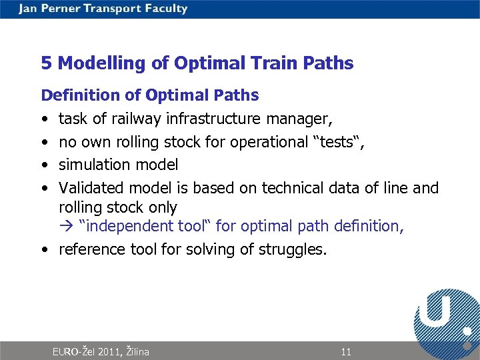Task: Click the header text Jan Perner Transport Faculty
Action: pos(103,9)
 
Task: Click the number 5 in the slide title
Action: pos(46,63)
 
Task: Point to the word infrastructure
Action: pos(215,119)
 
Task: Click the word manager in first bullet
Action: pos(298,119)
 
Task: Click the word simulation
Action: pos(91,164)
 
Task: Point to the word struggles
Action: pos(295,250)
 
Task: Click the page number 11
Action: pos(345,352)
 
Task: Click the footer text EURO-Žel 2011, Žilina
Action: pos(101,352)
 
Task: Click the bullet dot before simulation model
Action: pos(43,165)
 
